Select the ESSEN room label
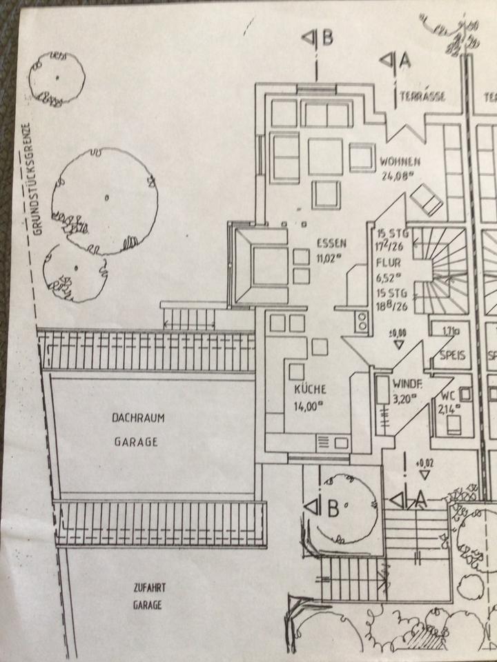[x=330, y=243]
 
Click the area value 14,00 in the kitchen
[x=309, y=406]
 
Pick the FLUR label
[x=384, y=263]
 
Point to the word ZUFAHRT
[x=148, y=590]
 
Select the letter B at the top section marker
[x=327, y=39]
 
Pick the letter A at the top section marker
[x=405, y=61]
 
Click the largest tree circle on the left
[x=106, y=199]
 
